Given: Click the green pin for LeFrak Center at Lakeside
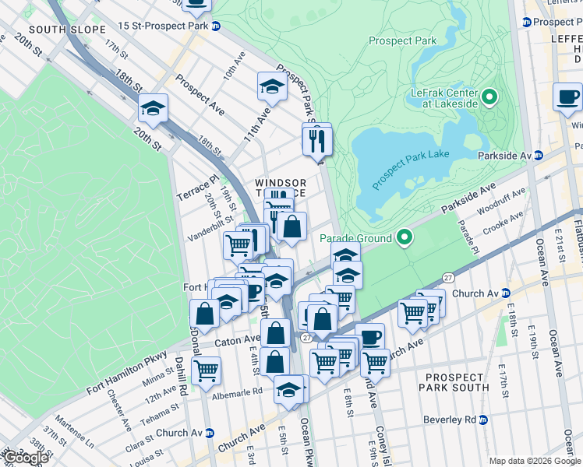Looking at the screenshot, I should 489,97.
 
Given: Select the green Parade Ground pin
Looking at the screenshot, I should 405,237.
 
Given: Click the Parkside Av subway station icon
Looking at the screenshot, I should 538,155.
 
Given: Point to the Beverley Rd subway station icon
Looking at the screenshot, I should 483,420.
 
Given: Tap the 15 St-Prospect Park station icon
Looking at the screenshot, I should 216,26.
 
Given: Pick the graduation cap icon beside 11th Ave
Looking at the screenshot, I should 270,87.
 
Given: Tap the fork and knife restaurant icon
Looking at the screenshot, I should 317,140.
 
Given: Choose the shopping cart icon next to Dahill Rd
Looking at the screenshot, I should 206,370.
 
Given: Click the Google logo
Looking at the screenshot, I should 26,458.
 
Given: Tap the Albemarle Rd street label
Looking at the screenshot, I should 237,394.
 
